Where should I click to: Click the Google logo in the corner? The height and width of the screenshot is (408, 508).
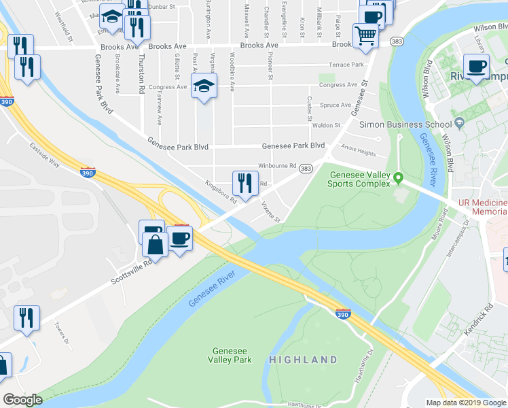click(22, 400)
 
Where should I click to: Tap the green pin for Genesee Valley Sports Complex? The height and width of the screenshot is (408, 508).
click(399, 180)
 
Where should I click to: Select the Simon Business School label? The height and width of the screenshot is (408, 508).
click(414, 124)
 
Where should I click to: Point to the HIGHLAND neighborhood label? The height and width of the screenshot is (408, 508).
click(303, 360)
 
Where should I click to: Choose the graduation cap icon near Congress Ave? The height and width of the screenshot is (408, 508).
click(202, 86)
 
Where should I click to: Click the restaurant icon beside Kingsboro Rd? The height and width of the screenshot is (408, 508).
click(244, 183)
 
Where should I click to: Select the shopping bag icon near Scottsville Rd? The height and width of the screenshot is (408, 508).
click(156, 245)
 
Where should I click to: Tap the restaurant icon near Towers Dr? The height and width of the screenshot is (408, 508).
click(26, 318)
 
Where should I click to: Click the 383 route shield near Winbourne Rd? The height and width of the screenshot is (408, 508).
click(306, 168)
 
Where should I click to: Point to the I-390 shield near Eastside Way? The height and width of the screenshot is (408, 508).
click(88, 172)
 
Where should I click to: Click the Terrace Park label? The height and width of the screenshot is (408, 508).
click(346, 65)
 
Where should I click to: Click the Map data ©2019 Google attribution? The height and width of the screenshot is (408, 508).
click(466, 403)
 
